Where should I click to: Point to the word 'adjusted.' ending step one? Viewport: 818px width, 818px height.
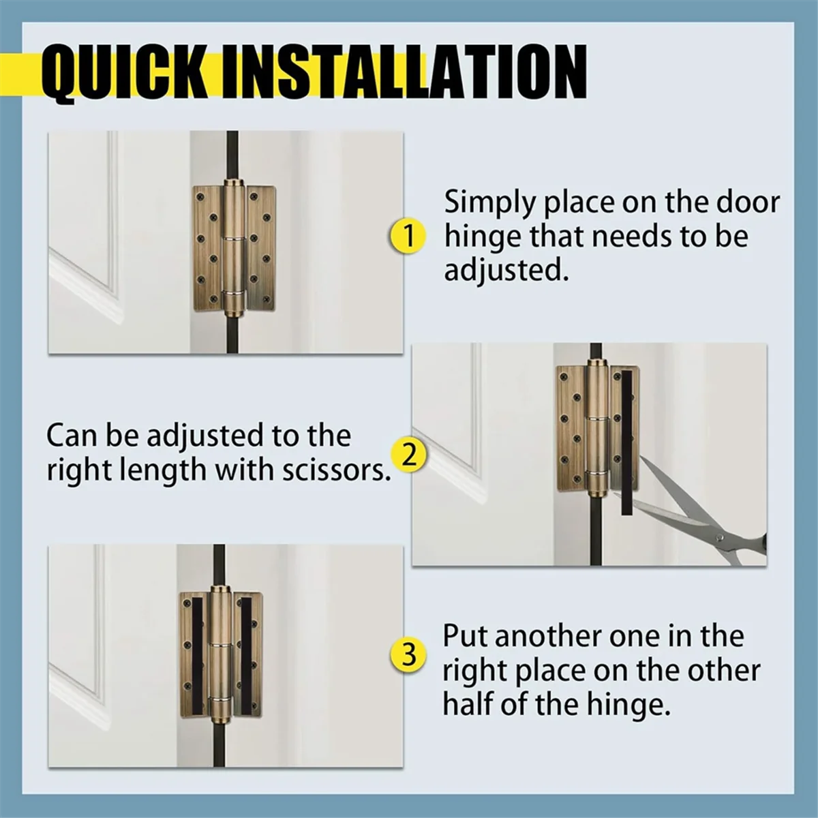pos(506,271)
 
